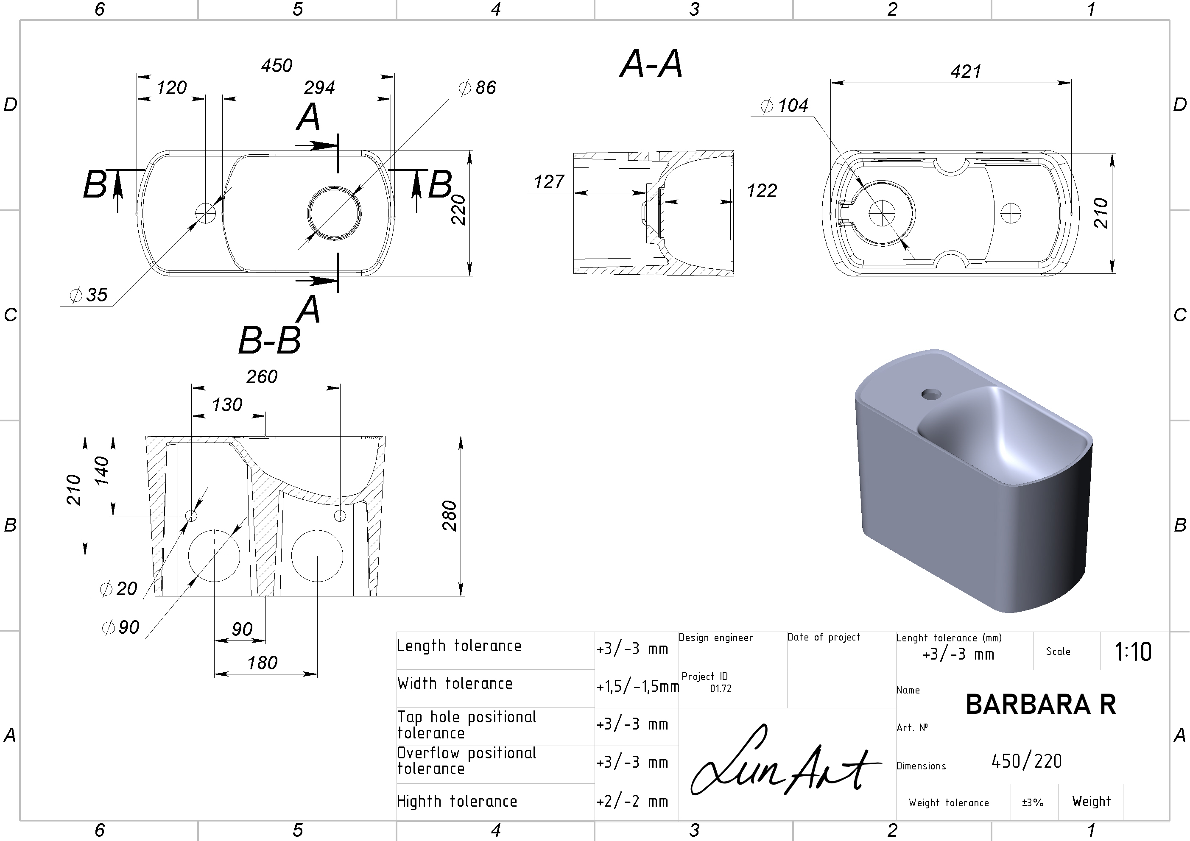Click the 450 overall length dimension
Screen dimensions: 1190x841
point(277,66)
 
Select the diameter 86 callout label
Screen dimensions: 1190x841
point(478,88)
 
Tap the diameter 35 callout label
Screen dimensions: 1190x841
point(88,295)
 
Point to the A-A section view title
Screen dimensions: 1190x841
point(651,64)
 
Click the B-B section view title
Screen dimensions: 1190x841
point(270,340)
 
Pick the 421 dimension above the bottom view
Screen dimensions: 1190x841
point(966,72)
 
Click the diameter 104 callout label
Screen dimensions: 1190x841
point(784,106)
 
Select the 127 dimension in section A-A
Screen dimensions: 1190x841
point(549,182)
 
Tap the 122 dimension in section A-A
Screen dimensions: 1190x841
point(762,191)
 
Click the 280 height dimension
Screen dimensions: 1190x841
point(450,515)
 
